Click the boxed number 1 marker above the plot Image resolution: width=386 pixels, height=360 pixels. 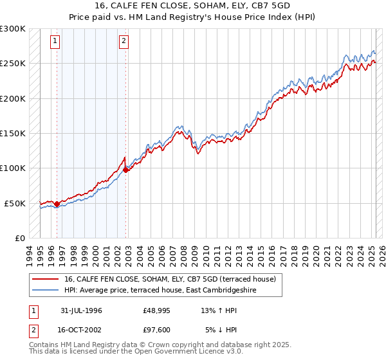click(55, 42)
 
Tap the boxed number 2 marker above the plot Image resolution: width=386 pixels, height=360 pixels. click(124, 42)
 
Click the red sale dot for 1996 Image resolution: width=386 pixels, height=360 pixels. click(57, 204)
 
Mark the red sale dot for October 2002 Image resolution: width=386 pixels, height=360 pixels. click(126, 170)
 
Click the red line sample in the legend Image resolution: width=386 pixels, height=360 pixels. click(45, 280)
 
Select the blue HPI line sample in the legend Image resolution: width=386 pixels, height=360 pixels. click(45, 291)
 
